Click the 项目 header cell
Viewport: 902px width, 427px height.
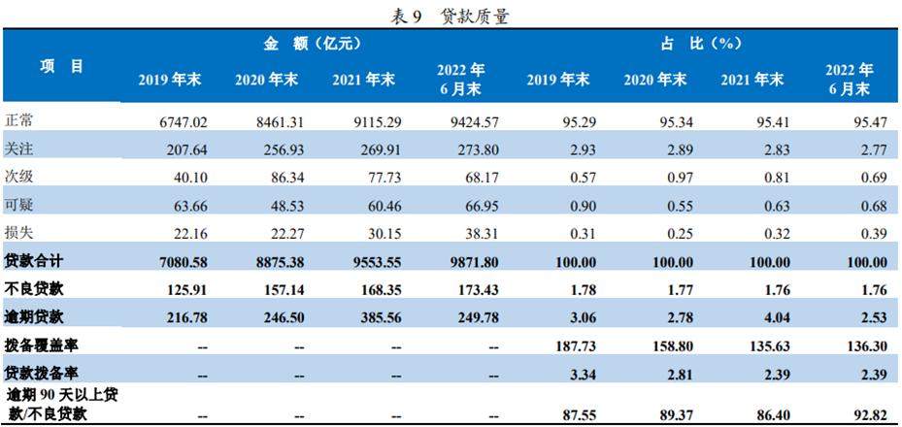[x=61, y=66]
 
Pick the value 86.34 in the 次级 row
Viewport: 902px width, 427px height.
[x=278, y=177]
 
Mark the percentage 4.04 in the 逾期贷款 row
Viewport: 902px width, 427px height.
[x=770, y=315]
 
